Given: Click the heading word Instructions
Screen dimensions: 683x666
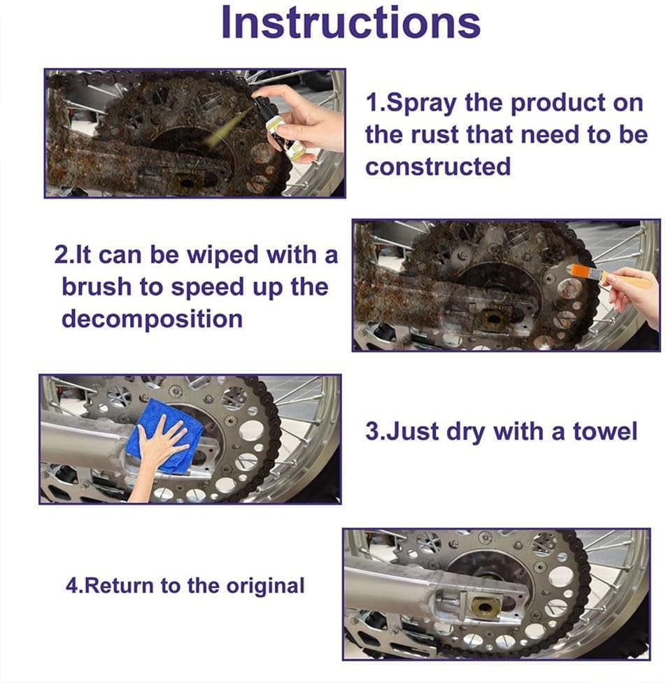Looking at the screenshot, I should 350,22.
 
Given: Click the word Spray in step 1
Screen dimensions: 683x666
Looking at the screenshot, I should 423,103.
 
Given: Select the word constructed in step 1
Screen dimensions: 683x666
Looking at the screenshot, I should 437,167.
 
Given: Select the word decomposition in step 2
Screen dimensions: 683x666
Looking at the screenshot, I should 152,319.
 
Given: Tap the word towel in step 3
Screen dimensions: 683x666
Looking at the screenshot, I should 605,431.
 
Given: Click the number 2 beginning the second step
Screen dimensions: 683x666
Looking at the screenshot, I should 59,255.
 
